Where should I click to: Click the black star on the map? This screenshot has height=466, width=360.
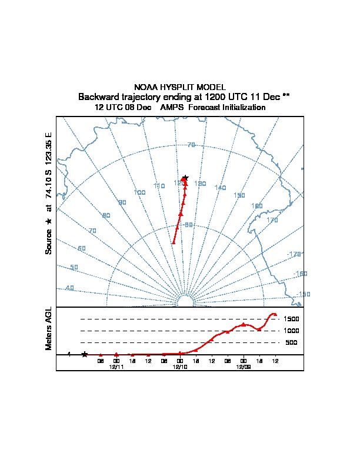coord(185,177)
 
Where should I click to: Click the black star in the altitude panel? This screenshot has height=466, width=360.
coord(85,354)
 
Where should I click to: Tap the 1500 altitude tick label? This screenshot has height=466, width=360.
coord(291,319)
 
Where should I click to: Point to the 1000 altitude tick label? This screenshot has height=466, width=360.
coord(291,331)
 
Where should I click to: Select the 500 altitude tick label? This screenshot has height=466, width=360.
coord(291,342)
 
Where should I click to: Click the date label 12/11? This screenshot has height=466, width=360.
coord(116,367)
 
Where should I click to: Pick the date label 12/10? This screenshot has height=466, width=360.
coord(180,367)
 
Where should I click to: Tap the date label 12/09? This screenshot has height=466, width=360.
coord(244,367)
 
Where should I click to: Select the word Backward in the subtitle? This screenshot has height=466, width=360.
coord(98,96)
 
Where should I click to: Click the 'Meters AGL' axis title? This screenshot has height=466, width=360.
coord(49,329)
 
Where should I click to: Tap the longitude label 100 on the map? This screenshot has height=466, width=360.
coord(139,192)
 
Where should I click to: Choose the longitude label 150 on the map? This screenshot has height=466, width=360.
coord(239,195)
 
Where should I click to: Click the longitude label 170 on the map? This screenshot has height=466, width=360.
coord(272,220)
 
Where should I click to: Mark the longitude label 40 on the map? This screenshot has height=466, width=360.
coord(69,288)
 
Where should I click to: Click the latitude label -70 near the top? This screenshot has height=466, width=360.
coord(190,145)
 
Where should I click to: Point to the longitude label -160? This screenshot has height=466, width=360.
coord(300,274)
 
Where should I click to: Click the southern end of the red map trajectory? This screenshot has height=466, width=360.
coord(173,242)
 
